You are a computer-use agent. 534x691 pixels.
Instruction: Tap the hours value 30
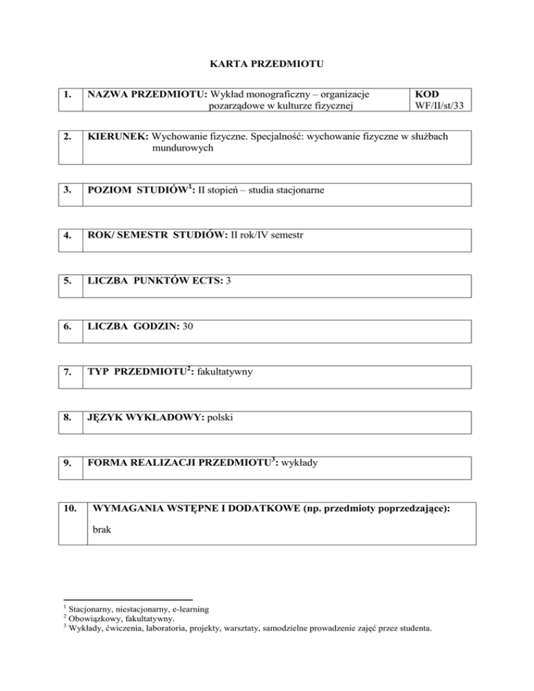click(188, 327)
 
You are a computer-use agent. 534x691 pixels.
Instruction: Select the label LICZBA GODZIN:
click(132, 327)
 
